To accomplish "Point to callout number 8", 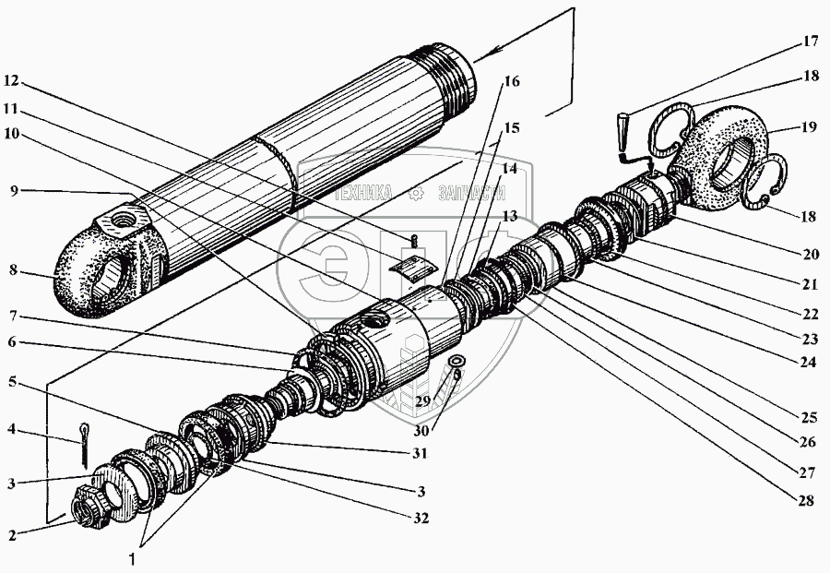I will tap(14, 273).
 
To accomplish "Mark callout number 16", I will tap(512, 81).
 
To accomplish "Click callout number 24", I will tap(807, 363).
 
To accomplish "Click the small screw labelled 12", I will tap(414, 242).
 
